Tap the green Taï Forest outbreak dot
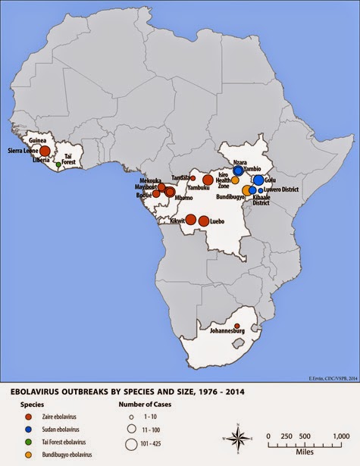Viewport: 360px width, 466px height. [58, 164]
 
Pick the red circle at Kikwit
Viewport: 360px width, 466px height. [191, 220]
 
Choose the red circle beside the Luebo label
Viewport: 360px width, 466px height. [205, 221]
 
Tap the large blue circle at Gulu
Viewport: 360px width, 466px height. [258, 180]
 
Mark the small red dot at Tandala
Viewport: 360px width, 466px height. [193, 177]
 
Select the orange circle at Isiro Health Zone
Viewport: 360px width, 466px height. [235, 180]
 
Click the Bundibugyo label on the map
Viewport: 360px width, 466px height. [229, 195]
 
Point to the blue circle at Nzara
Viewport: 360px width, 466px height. [239, 170]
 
